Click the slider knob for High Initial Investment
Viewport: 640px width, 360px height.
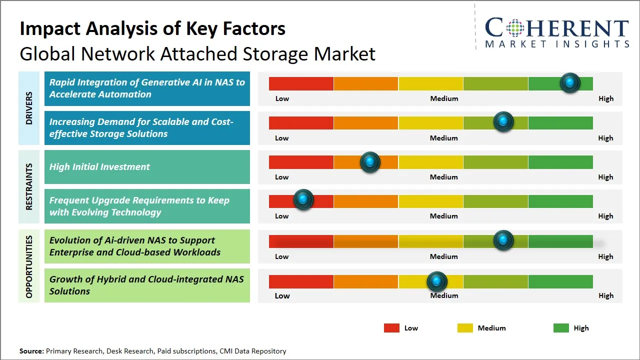[x=370, y=162]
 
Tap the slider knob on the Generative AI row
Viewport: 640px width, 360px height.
[x=570, y=82]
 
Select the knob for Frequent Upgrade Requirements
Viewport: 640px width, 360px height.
[x=303, y=200]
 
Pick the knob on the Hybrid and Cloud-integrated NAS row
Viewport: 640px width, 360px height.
[x=437, y=282]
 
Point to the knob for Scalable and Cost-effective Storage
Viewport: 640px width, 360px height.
[x=503, y=121]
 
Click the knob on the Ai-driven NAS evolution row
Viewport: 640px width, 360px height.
[x=503, y=240]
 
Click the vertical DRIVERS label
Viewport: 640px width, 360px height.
[x=29, y=108]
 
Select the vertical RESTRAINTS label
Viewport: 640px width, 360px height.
[x=29, y=186]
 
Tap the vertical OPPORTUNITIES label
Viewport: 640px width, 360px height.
[x=29, y=266]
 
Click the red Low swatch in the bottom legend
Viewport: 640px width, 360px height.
[x=391, y=328]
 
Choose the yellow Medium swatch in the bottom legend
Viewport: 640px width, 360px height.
[x=465, y=328]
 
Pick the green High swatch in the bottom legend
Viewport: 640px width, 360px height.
[x=561, y=328]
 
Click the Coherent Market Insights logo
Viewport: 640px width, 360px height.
[x=556, y=33]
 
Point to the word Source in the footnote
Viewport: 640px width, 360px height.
[x=31, y=351]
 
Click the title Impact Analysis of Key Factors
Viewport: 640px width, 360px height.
[x=152, y=28]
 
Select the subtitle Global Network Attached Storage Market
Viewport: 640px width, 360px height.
[x=197, y=54]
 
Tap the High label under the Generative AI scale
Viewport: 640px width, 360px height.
[x=606, y=98]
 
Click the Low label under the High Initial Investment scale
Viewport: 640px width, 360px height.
[x=282, y=177]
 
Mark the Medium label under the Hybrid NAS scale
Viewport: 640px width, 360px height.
[x=444, y=295]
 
